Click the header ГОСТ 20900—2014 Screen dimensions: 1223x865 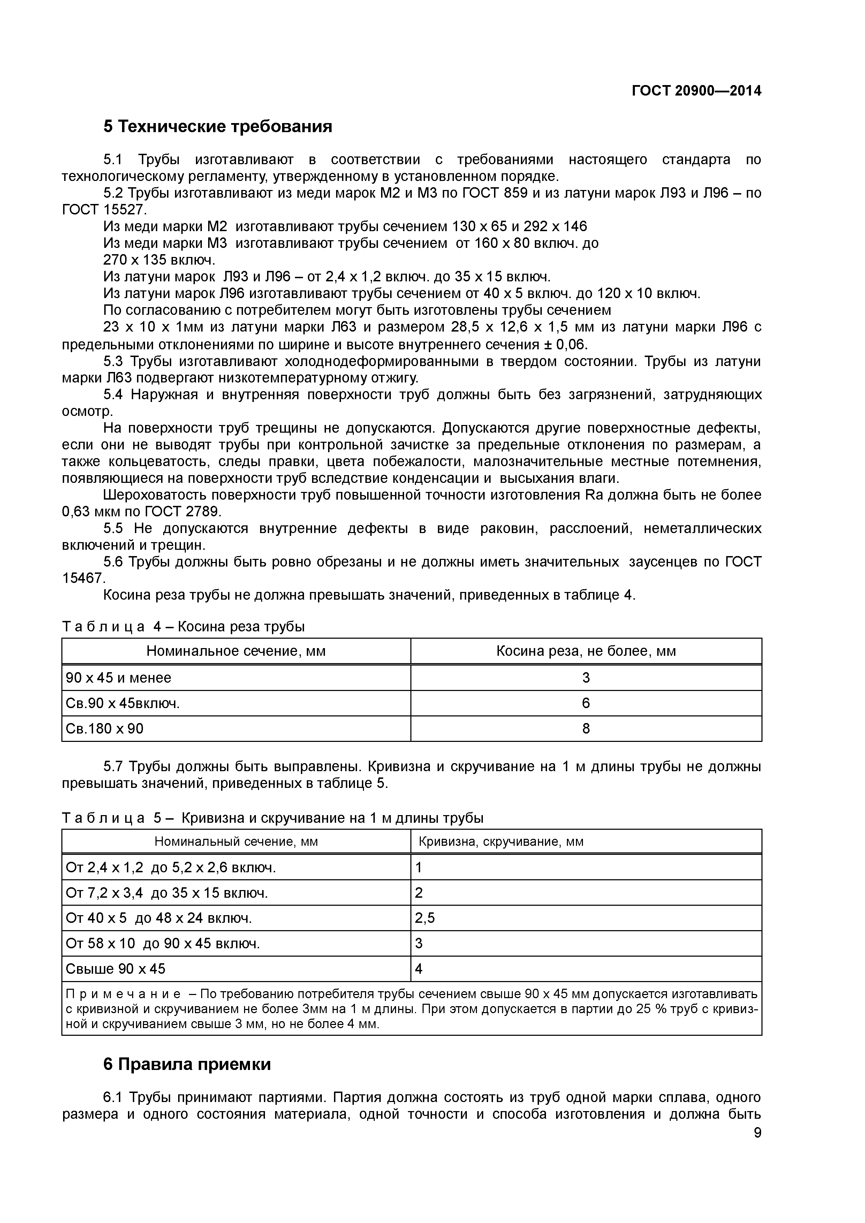coord(696,91)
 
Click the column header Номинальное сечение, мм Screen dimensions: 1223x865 coord(236,651)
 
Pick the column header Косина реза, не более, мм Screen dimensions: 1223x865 coord(586,651)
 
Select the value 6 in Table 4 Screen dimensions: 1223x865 coord(586,703)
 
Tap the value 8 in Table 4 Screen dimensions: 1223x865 coord(586,728)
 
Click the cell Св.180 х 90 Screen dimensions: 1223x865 coord(104,728)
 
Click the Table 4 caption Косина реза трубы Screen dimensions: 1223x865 coord(241,626)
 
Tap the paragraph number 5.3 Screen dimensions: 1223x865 coord(113,362)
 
